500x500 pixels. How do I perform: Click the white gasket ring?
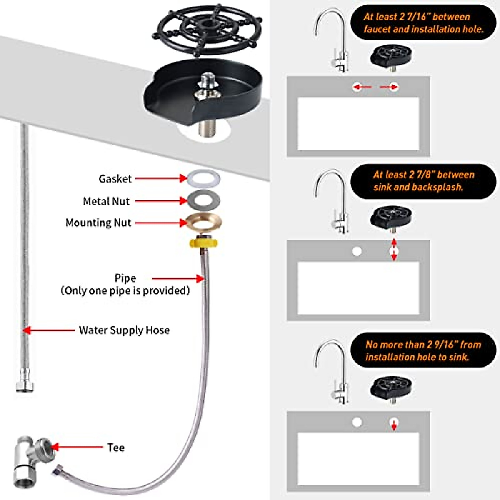coord(204,179)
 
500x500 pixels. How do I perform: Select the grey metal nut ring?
coord(204,200)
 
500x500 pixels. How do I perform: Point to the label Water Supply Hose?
coord(124,330)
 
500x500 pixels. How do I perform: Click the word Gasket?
coord(115,179)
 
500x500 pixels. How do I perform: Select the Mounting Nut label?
coord(98,222)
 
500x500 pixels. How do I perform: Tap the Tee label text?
coord(116,447)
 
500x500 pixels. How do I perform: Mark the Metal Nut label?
coord(106,201)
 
